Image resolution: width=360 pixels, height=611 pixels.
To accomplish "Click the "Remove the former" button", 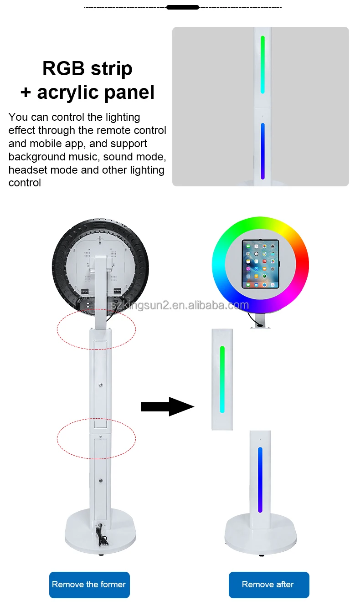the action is [x=89, y=585].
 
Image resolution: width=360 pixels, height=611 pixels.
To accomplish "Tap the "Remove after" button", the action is [x=268, y=585].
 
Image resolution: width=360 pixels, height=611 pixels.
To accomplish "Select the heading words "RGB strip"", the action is [x=87, y=68].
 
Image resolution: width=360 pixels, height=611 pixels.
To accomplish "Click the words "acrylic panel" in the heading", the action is [x=96, y=92].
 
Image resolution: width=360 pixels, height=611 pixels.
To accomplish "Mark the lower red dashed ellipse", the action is [x=96, y=439].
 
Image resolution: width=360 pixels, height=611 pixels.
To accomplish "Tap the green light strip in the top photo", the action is [x=262, y=64].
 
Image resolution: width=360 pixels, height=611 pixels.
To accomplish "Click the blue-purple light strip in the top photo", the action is [x=262, y=151].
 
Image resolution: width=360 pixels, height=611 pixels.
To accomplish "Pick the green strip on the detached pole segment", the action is [x=222, y=379].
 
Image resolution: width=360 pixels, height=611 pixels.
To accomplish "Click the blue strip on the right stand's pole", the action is [x=260, y=479].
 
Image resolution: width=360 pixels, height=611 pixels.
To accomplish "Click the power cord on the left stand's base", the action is [x=102, y=536].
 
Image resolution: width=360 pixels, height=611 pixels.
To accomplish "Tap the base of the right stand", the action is [x=260, y=533].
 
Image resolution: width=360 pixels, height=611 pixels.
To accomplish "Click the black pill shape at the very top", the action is [x=183, y=7].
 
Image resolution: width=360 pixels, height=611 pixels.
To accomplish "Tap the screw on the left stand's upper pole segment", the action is [x=100, y=385].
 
